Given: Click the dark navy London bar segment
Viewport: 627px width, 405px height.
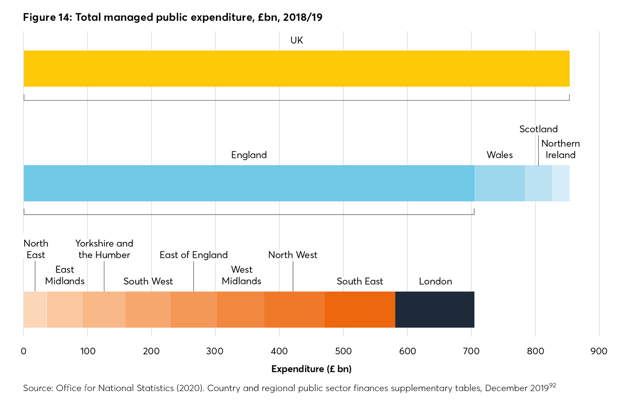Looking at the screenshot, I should pos(434,310).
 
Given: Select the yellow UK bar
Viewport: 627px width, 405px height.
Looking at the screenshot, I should pos(296,69).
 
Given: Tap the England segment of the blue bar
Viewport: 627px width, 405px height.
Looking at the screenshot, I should pos(249,183).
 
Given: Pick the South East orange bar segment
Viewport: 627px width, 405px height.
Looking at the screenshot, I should pos(360,310).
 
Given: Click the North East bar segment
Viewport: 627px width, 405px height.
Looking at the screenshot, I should pos(35,310).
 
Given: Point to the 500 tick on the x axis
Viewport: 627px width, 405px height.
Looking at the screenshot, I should pos(344,351).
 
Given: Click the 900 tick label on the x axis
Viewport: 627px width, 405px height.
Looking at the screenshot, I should pos(599,351).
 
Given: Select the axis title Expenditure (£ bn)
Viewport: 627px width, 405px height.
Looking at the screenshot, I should pos(311,369).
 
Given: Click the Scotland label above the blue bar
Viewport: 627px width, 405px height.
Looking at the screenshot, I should pos(538,129).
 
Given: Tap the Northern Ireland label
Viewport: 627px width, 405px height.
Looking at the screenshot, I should pos(560,149).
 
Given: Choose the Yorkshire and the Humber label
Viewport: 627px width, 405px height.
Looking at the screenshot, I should pos(104,249).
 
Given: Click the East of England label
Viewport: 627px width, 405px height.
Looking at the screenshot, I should pos(193,255).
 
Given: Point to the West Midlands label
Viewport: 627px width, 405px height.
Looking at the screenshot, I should pos(241,275).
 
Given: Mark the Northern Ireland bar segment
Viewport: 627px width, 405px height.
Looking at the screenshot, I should pos(561,183).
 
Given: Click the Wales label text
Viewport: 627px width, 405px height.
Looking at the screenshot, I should pos(499,155).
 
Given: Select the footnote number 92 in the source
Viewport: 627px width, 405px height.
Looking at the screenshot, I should pos(553,385).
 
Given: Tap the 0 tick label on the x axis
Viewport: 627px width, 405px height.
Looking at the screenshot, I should pos(24,351).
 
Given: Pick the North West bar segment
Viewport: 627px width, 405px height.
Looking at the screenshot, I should pos(294,310).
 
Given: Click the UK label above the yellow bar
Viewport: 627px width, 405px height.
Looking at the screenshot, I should pos(296,40).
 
